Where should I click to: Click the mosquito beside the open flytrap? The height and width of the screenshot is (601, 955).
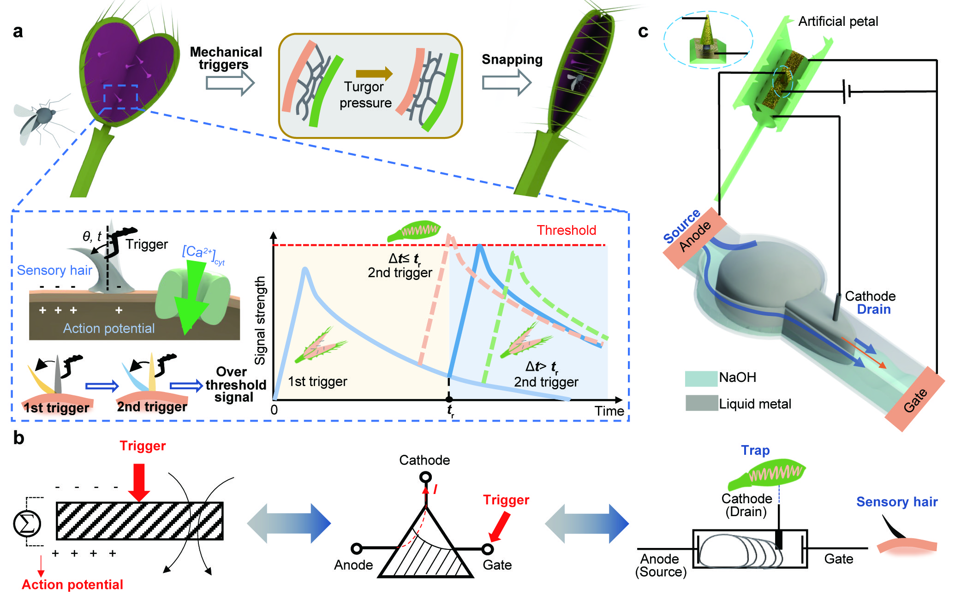click(x=39, y=118)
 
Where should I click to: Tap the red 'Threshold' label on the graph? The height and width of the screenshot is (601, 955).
click(x=566, y=230)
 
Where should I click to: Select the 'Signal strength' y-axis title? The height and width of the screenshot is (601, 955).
click(x=260, y=320)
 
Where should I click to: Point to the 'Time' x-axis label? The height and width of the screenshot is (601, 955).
click(x=609, y=411)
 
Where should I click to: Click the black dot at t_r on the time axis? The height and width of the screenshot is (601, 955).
click(x=449, y=399)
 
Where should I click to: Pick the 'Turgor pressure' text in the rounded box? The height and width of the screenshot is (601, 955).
click(x=365, y=95)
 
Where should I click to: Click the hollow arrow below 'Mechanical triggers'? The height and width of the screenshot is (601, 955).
click(x=230, y=83)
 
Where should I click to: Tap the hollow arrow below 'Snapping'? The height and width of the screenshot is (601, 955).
click(x=506, y=82)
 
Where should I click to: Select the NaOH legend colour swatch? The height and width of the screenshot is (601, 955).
click(x=701, y=378)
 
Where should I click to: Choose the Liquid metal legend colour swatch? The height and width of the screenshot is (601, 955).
click(x=701, y=403)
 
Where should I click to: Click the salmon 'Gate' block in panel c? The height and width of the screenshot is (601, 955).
click(x=915, y=399)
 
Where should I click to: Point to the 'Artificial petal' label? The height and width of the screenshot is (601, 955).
click(x=838, y=22)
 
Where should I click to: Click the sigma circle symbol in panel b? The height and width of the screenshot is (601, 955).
click(x=27, y=524)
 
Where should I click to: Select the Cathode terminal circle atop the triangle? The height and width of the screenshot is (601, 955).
click(x=426, y=476)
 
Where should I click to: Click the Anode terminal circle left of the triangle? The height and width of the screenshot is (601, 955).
click(x=357, y=548)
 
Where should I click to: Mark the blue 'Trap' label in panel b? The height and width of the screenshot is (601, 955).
click(x=755, y=450)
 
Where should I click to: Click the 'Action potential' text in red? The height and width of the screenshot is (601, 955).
click(x=72, y=584)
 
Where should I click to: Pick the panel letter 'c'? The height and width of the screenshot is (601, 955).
click(x=643, y=31)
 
